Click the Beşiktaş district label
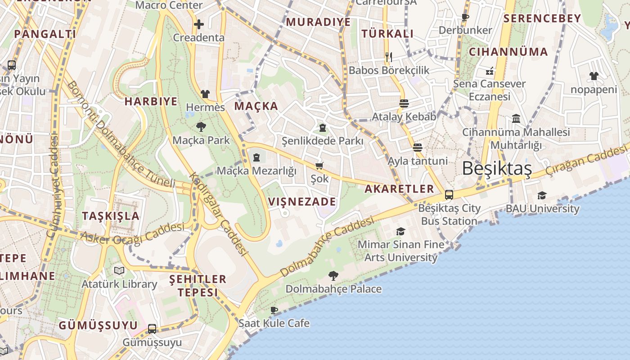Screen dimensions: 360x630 pos(497,168)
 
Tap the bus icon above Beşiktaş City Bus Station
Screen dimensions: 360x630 pos(449,194)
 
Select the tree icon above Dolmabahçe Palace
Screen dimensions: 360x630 pos(333,275)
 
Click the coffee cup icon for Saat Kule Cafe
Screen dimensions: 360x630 pos(274,310)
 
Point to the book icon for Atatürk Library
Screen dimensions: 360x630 pos(119,270)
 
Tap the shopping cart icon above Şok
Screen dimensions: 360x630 pos(319,166)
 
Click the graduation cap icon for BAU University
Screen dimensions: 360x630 pos(542,195)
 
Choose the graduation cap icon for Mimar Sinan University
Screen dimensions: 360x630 pos(400,231)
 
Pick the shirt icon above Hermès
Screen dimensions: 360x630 pos(205,94)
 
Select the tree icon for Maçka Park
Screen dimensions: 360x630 pos(201,127)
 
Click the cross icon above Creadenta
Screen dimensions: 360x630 pos(199,24)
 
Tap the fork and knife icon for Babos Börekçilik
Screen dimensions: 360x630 pos(389,57)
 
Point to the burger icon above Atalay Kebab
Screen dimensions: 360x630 pos(404,103)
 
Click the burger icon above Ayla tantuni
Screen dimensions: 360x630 pos(418,147)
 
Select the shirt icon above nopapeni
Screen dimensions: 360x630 pos(594,76)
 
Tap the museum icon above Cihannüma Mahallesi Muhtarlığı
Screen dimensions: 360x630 pos(516,119)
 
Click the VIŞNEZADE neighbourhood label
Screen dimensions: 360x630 pos(302,201)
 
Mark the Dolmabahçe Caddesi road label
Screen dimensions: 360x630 pos(327,247)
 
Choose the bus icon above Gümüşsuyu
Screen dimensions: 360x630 pos(152,328)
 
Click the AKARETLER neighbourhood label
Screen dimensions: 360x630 pos(399,189)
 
